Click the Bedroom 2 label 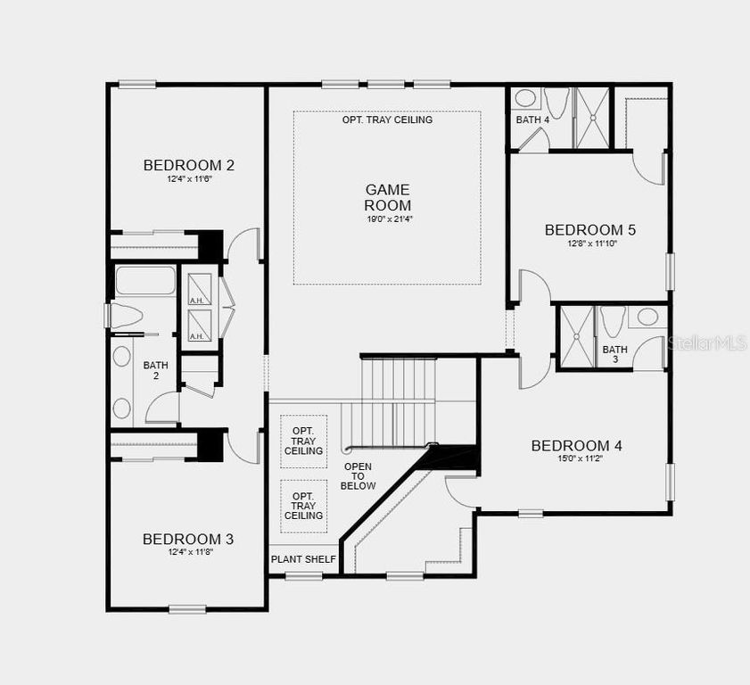pyautogui.click(x=188, y=165)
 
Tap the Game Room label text pyautogui.click(x=387, y=197)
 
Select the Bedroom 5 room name pyautogui.click(x=590, y=230)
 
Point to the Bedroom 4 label pyautogui.click(x=576, y=446)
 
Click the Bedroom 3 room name pyautogui.click(x=188, y=539)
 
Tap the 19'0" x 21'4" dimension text pyautogui.click(x=387, y=219)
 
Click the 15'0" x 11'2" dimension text pyautogui.click(x=576, y=460)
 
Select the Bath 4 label pyautogui.click(x=532, y=120)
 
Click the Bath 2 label pyautogui.click(x=155, y=370)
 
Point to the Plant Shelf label pyautogui.click(x=303, y=559)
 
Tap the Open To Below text pyautogui.click(x=359, y=476)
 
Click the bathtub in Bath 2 pyautogui.click(x=144, y=280)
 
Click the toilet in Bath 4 pyautogui.click(x=556, y=103)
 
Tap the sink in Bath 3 pyautogui.click(x=647, y=317)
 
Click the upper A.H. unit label pyautogui.click(x=197, y=301)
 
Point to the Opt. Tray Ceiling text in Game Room pyautogui.click(x=387, y=120)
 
